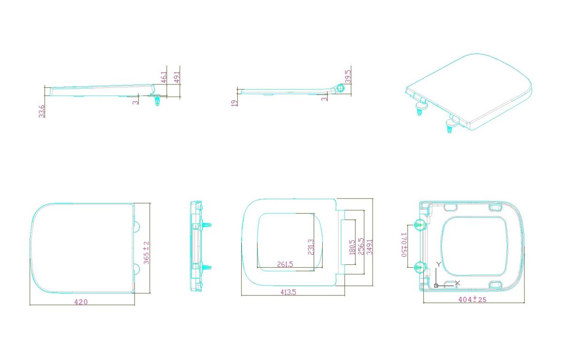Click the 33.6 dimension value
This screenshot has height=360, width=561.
[42, 111]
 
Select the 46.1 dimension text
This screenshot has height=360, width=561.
[164, 77]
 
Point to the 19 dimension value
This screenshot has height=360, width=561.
[234, 103]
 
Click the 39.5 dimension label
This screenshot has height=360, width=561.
[348, 76]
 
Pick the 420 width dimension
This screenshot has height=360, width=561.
[81, 302]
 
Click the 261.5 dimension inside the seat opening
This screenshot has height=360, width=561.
[285, 264]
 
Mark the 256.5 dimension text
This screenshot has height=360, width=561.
[361, 246]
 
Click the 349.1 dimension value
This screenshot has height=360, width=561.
[369, 246]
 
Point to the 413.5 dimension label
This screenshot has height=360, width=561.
[288, 292]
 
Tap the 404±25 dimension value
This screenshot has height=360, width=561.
[472, 299]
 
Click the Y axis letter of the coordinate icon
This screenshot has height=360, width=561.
[438, 264]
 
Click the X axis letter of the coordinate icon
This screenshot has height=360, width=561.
[457, 283]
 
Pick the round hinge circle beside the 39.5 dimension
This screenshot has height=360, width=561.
[341, 88]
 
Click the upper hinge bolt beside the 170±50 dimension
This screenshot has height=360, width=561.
[420, 224]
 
